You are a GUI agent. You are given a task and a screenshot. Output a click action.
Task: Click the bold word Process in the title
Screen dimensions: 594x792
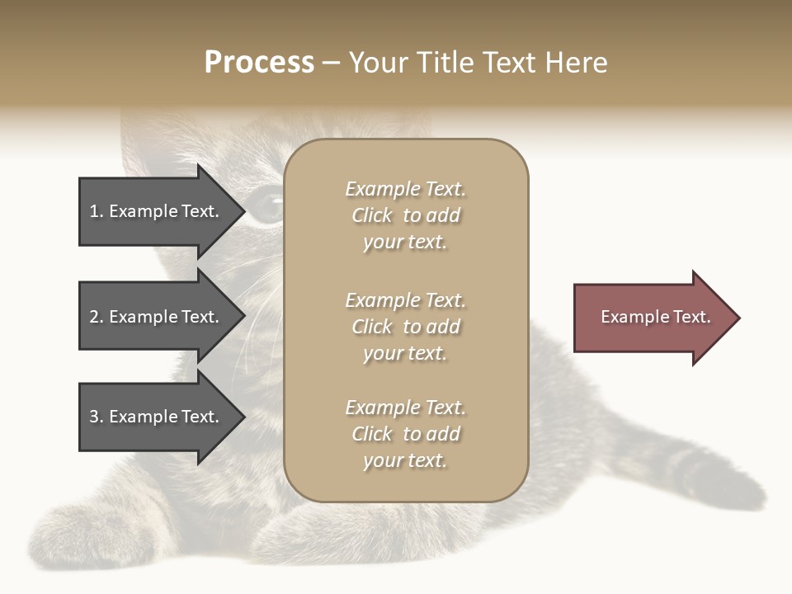point(259,63)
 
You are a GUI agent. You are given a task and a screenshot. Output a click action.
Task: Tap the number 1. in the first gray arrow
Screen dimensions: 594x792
point(97,212)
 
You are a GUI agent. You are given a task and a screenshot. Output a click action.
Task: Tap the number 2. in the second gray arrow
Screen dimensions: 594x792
point(97,317)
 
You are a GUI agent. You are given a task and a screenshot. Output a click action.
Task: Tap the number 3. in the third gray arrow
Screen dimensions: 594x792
point(97,417)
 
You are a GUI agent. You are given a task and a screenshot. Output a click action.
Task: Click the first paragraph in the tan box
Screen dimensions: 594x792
point(405,215)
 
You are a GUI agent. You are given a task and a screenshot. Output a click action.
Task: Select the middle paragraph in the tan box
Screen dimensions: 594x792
point(405,327)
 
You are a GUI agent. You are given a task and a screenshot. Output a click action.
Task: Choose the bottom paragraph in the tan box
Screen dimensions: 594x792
point(405,434)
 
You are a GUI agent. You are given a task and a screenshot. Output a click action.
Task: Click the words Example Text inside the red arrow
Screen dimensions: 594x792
point(656,317)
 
